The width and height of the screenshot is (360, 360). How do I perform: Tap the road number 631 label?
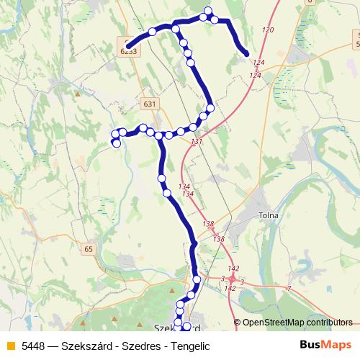pos(149,104)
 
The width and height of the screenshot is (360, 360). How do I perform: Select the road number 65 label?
pos(89,249)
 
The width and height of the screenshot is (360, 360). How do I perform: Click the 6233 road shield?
pos(128,50)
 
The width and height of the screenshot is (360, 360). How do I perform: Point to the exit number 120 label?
pos(269,30)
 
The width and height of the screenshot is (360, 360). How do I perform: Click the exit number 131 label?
pos(197,141)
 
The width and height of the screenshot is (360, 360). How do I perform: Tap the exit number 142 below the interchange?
pos(230,288)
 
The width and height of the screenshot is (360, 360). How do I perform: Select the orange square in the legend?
pos(9,346)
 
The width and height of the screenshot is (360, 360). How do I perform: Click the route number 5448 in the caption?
pos(33,346)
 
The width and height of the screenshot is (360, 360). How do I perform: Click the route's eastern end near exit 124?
pos(246,53)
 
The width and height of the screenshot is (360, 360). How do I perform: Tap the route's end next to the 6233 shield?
pos(127,46)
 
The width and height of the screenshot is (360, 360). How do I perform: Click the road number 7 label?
pos(289,289)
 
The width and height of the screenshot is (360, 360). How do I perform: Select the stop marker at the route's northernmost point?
pos(208,11)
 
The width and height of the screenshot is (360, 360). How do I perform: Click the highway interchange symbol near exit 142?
pos(233,279)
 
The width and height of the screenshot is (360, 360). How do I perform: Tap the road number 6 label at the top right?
pos(310,2)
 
